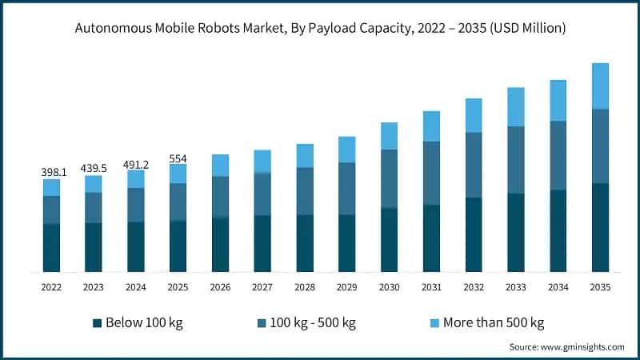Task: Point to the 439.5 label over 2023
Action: coord(94,168)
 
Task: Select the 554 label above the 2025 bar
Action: coord(178,158)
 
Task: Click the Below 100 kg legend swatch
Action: coord(98,322)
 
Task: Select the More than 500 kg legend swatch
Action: coord(434,322)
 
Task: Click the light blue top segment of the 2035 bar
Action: coord(600,86)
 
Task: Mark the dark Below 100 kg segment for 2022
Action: coord(51,247)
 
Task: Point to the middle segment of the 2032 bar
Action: coord(474,165)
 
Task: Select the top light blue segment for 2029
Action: coord(346,150)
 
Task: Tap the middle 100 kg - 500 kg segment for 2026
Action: coord(220,197)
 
